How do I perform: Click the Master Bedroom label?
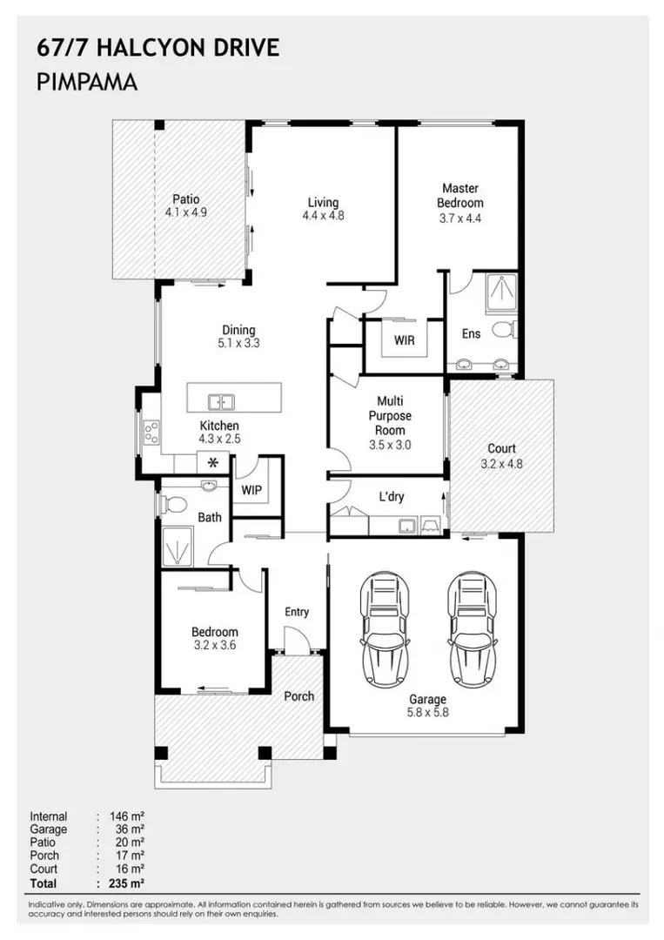(x=460, y=196)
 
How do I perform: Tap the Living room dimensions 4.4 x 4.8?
(x=323, y=215)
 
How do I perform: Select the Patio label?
(x=185, y=199)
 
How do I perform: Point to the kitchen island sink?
(x=221, y=401)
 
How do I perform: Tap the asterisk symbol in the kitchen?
(x=212, y=463)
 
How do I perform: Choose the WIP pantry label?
(x=252, y=490)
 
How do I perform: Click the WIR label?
(x=404, y=340)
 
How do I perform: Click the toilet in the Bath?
(x=172, y=505)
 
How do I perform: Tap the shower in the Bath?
(x=178, y=546)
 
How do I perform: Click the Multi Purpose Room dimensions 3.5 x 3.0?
(x=390, y=445)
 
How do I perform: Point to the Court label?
(x=501, y=448)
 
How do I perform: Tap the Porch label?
(x=299, y=696)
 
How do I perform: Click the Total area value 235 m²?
(x=127, y=883)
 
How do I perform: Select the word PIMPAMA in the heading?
(x=88, y=82)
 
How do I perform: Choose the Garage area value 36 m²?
(x=130, y=829)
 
